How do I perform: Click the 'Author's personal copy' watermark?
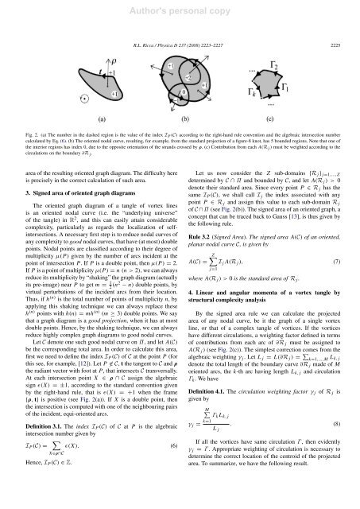point(180,10)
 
